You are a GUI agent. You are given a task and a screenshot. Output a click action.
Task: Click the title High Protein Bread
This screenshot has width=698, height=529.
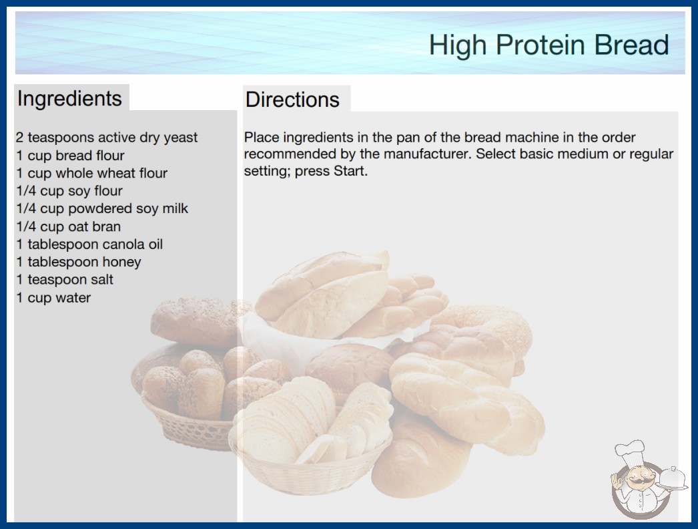tap(549, 45)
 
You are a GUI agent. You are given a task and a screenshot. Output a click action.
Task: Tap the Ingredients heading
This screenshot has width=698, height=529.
tap(69, 99)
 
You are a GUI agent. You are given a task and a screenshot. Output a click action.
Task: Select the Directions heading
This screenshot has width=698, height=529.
tap(292, 100)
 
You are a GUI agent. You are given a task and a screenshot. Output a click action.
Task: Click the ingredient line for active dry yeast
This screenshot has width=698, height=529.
tap(107, 138)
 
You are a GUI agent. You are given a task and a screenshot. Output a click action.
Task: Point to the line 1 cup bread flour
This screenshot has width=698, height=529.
tap(70, 156)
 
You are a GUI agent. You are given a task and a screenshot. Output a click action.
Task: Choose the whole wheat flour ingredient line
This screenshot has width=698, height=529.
tap(91, 173)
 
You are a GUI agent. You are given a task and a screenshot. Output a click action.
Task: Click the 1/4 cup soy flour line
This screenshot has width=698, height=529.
tap(69, 191)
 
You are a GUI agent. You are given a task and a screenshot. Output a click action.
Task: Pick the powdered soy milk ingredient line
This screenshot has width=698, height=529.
tap(102, 208)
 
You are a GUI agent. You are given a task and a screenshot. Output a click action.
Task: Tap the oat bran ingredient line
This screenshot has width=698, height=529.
tap(69, 226)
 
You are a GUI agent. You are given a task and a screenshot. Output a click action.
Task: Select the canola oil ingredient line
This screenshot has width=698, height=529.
tap(89, 244)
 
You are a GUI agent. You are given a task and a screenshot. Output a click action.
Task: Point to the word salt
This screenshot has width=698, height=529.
tap(102, 279)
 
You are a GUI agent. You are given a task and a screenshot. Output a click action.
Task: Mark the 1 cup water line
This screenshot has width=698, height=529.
tap(53, 298)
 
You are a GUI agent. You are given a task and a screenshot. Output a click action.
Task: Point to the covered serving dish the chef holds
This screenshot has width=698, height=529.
tap(672, 478)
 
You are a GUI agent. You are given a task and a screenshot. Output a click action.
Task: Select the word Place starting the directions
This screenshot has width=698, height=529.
tap(262, 138)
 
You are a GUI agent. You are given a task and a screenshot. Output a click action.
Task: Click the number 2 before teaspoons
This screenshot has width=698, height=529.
tap(19, 138)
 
